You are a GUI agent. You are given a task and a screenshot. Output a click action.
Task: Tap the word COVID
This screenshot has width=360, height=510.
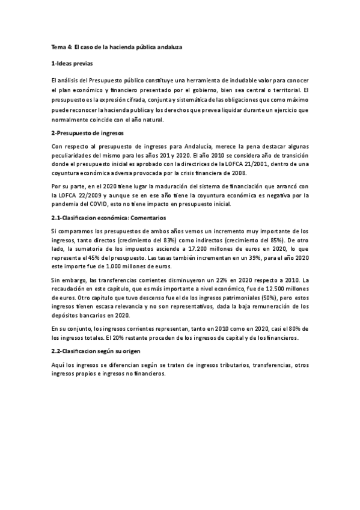click(x=99, y=204)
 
